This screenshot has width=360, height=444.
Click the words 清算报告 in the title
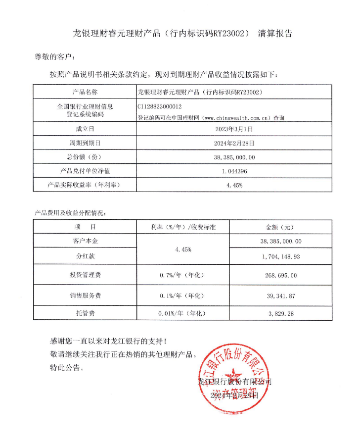[275, 34]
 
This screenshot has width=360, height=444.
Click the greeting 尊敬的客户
[52, 57]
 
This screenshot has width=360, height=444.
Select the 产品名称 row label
[85, 92]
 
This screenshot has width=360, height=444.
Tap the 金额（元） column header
[280, 227]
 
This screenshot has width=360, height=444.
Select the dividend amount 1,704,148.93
[280, 257]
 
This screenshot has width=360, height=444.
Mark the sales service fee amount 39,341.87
[280, 296]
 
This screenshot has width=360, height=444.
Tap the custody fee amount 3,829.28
[280, 314]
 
